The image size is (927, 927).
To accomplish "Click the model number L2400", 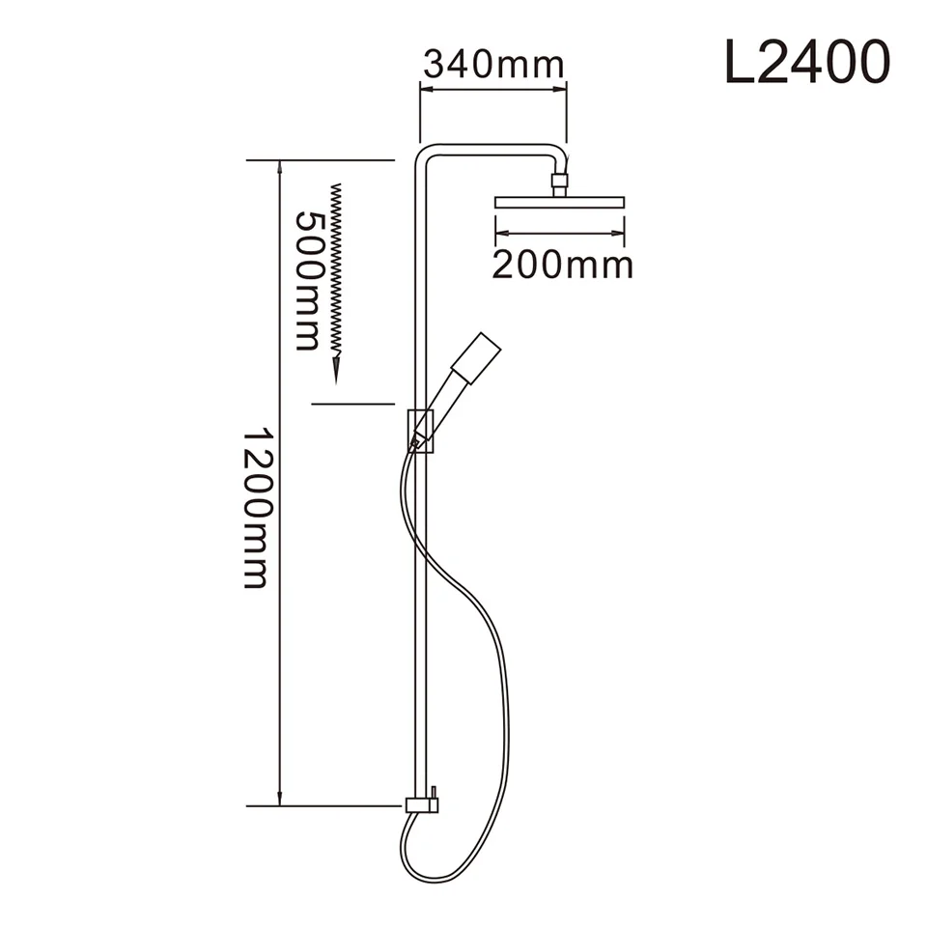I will pyautogui.click(x=806, y=64).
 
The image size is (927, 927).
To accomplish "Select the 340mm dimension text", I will pyautogui.click(x=492, y=65).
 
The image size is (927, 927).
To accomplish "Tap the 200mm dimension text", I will pyautogui.click(x=562, y=264).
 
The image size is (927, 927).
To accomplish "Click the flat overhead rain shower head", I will pyautogui.click(x=559, y=203).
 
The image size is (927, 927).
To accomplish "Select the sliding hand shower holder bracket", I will pyautogui.click(x=420, y=430).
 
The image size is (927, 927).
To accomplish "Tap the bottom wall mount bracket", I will pyautogui.click(x=422, y=803).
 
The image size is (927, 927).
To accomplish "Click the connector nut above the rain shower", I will pyautogui.click(x=559, y=180).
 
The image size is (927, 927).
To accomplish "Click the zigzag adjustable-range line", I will pyautogui.click(x=336, y=270).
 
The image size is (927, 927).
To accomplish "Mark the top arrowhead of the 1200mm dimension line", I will pyautogui.click(x=280, y=167).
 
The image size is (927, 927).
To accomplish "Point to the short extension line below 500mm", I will pyautogui.click(x=353, y=403).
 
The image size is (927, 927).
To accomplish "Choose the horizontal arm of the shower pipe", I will pyautogui.click(x=488, y=149).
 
